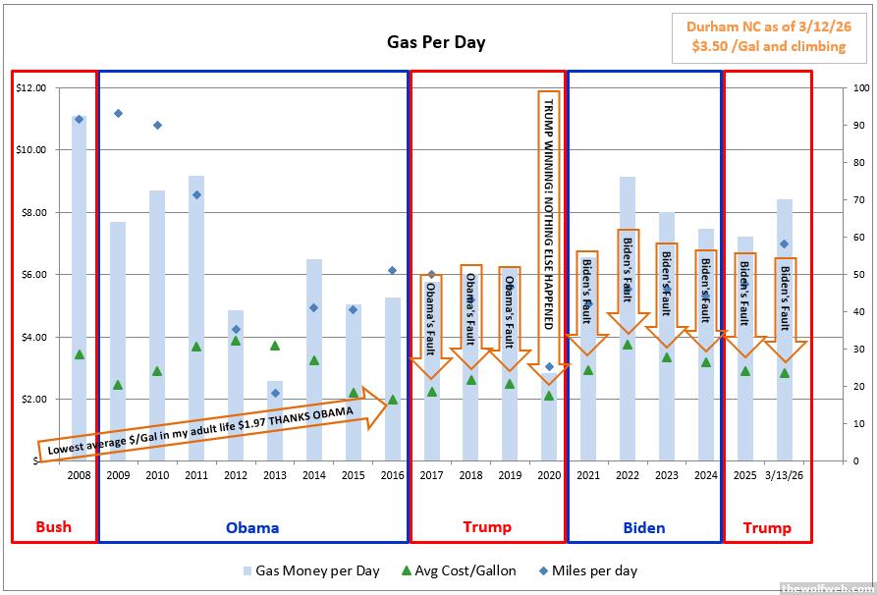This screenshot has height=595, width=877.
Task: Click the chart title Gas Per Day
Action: (434, 42)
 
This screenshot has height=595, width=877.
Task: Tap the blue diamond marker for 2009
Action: (118, 113)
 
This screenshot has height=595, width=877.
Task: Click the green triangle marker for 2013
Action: (275, 346)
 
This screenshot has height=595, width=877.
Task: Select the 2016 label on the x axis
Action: (392, 475)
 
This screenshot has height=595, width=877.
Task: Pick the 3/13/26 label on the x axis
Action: (785, 475)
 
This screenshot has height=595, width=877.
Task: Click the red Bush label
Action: (53, 526)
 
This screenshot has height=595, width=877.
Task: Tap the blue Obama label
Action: (252, 527)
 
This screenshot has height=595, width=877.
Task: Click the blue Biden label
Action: (643, 527)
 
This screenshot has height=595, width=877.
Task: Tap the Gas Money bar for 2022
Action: (628, 314)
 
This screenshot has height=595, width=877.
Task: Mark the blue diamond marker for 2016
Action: (392, 270)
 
